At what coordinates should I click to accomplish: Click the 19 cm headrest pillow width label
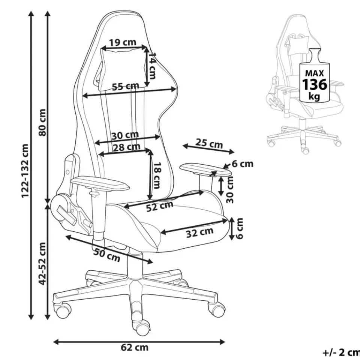[x=123, y=42]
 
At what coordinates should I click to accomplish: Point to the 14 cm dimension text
[x=152, y=66]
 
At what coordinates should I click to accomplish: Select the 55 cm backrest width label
[x=125, y=87]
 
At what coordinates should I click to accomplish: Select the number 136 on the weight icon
[x=315, y=84]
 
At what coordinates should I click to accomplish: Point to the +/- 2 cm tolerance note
[x=341, y=352]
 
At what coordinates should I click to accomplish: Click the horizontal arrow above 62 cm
[x=139, y=342]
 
